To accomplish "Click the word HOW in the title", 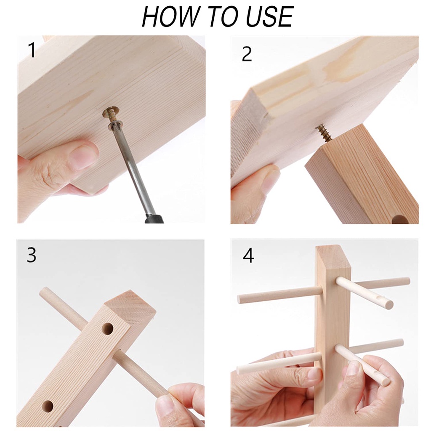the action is click(x=170, y=16).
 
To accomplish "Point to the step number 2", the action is click(x=247, y=54).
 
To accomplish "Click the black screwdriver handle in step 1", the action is click(x=154, y=218).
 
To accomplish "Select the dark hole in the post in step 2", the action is click(x=400, y=219).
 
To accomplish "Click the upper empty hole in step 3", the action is click(x=107, y=329).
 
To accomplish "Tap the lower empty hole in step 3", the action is click(x=48, y=406).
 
